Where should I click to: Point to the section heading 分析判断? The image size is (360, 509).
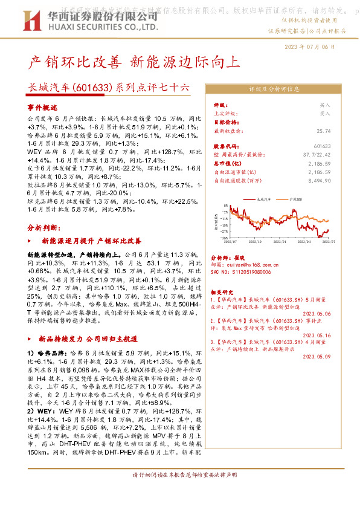point(44,227)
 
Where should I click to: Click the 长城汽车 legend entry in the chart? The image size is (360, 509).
point(264,198)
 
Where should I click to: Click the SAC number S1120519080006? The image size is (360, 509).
point(240,272)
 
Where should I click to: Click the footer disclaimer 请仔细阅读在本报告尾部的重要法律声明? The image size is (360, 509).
point(180,491)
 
